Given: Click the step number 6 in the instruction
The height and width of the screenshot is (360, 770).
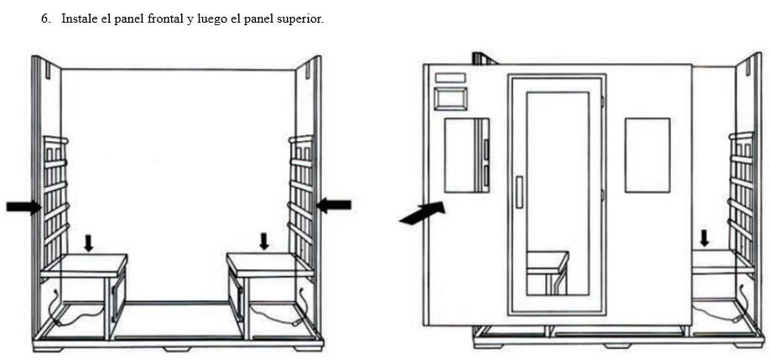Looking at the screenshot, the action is [44, 19].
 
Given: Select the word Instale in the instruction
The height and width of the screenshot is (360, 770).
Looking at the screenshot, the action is [78, 19].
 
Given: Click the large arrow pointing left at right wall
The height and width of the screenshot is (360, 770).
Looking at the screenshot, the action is [334, 205].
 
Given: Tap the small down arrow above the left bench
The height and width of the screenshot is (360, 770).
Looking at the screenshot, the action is [88, 243].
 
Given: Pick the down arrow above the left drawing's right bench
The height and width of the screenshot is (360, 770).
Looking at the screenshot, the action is [264, 241].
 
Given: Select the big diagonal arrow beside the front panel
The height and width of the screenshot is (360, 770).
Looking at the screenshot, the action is [422, 213].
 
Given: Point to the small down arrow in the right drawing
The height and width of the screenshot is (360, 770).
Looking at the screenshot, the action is [705, 238].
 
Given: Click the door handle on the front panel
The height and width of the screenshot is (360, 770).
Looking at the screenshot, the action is [519, 192].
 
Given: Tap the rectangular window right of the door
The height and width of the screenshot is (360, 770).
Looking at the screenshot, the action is [648, 154].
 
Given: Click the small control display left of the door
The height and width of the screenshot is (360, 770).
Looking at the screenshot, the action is [450, 99].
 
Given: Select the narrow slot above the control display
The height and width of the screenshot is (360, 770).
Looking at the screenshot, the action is [450, 77].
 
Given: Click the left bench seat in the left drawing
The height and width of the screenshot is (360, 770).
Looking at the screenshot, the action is [84, 265].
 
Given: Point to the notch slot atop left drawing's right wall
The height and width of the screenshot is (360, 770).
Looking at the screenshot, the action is [307, 70].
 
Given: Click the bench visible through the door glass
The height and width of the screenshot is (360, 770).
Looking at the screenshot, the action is [548, 272].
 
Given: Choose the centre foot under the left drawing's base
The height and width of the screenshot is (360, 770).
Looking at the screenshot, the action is [177, 349].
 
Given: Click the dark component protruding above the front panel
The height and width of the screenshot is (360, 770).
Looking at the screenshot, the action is [484, 59].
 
